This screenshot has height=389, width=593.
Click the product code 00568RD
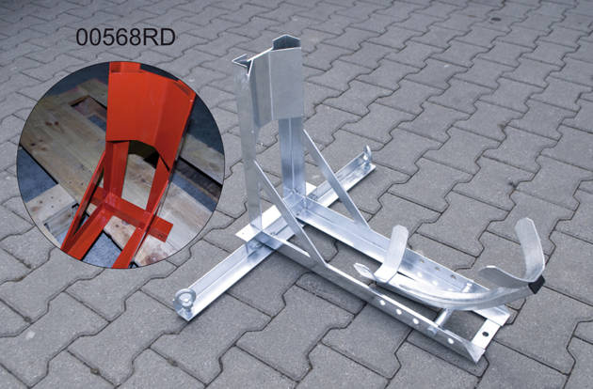pos(125,38)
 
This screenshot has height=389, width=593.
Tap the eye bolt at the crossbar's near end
pos(184,300)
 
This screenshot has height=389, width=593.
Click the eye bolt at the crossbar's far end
pos(366,156)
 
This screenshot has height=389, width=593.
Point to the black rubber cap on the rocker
pos(537,285)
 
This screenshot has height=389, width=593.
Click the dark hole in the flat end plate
pos(485,335)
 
